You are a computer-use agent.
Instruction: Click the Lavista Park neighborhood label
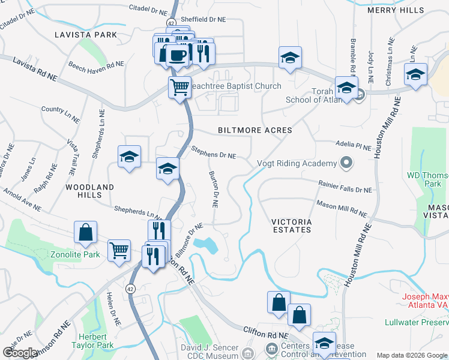coord(86,35)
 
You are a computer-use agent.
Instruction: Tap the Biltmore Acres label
coord(255,130)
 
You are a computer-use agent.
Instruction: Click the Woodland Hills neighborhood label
coord(89,191)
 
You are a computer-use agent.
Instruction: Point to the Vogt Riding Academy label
coord(297,164)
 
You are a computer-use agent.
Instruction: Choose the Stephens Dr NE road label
coord(213,152)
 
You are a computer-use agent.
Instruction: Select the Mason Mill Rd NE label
coord(341,208)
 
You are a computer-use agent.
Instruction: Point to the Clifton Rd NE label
coord(267,332)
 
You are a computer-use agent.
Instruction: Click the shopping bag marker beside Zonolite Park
coord(85,232)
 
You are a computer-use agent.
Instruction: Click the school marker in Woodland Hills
coord(129,157)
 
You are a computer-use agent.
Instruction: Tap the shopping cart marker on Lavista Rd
coord(179,87)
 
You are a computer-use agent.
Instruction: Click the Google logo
coord(20,352)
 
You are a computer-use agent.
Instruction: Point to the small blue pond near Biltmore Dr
coord(208,245)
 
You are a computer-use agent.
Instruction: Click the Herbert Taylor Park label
coord(97,341)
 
